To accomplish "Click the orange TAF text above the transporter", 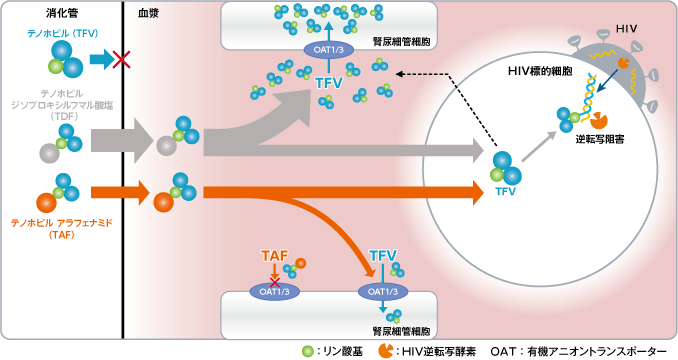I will tap(274, 257).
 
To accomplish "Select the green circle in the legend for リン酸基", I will tap(307, 351).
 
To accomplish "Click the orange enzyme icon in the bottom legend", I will tap(385, 351).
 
